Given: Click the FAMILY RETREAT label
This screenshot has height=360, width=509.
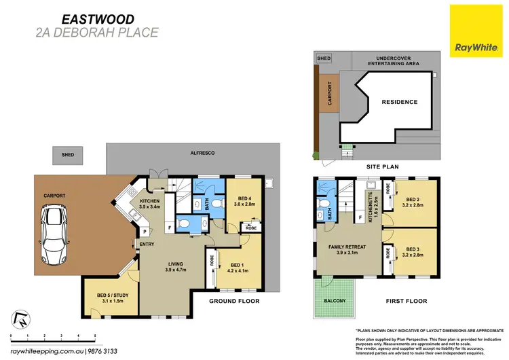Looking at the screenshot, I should coord(344,249).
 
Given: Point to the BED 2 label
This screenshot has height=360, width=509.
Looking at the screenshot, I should coord(412,200).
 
